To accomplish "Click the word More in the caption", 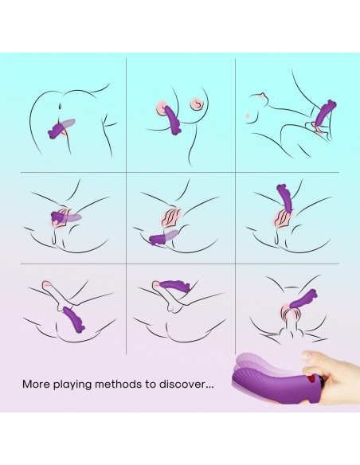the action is pos(36,384).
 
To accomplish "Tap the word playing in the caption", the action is pos(72,385).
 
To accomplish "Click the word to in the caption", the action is pos(151,385).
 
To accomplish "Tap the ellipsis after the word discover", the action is pos(209,388).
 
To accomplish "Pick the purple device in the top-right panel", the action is pos(324,113).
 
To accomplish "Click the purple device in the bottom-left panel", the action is pos(74,319).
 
